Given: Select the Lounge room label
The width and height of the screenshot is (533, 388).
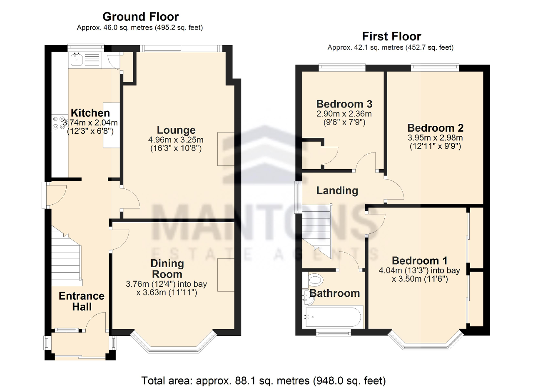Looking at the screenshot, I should pyautogui.click(x=176, y=130).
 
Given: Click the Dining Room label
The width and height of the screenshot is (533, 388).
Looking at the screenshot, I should pyautogui.click(x=167, y=269).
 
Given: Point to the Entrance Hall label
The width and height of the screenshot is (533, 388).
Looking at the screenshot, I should pyautogui.click(x=82, y=301).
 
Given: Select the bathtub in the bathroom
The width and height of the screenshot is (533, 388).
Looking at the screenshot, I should pyautogui.click(x=334, y=317).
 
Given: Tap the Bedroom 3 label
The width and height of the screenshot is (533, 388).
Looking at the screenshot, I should pyautogui.click(x=344, y=104).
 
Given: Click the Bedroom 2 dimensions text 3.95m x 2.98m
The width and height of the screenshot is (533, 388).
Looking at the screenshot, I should pyautogui.click(x=435, y=138).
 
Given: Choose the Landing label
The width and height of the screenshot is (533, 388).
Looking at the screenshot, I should pyautogui.click(x=337, y=190).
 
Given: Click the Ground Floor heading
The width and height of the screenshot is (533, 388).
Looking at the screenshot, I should pyautogui.click(x=140, y=17).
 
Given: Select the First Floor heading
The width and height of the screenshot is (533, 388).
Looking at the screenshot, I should pyautogui.click(x=391, y=36).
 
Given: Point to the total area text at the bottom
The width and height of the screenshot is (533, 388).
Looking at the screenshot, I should pyautogui.click(x=264, y=380).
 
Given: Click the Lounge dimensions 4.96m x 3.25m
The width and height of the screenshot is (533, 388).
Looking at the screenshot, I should pyautogui.click(x=176, y=140).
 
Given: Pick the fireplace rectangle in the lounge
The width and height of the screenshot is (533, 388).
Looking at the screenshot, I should pyautogui.click(x=226, y=149).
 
